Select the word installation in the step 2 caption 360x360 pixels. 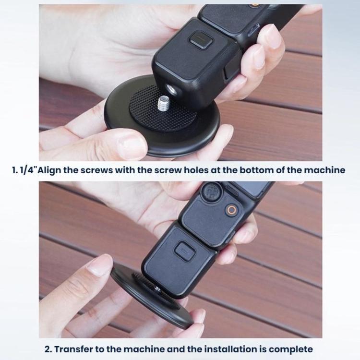[x=232, y=348]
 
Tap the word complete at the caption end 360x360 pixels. [x=292, y=348]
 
